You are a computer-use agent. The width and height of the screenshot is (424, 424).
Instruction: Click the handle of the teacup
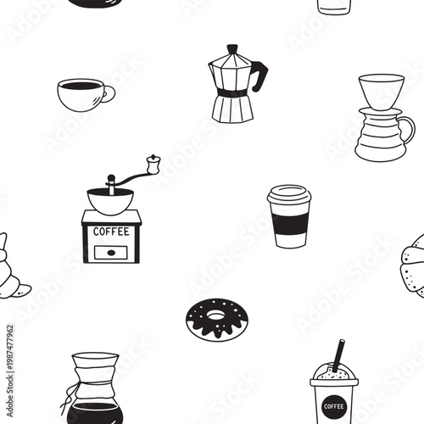(x=109, y=93)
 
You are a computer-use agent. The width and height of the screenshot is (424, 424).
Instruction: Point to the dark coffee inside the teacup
(x=81, y=85)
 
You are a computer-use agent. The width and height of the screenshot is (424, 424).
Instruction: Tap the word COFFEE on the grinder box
(x=111, y=231)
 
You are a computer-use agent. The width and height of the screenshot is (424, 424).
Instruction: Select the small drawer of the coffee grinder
(x=111, y=251)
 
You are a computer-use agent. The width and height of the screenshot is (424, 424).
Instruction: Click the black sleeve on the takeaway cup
(x=290, y=223)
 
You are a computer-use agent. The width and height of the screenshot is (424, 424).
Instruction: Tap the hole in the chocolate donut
(x=216, y=315)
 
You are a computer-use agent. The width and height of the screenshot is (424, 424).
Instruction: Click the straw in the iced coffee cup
(x=338, y=354)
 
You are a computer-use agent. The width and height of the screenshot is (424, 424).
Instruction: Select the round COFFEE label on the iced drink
(x=333, y=406)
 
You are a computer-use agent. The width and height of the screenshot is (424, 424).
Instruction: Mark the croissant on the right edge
(x=415, y=265)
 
